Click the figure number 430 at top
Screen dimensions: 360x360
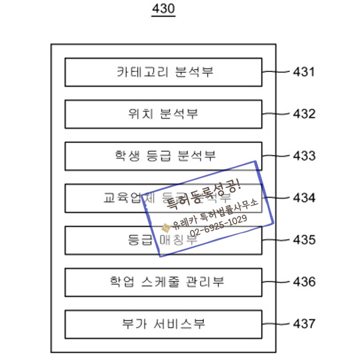pos(163,9)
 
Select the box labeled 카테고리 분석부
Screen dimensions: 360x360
pos(163,72)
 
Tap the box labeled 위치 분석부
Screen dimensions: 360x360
pos(163,114)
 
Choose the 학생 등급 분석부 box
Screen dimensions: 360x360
pos(163,156)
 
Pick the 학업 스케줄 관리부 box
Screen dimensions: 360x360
pos(163,282)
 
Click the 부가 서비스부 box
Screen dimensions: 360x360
pos(163,324)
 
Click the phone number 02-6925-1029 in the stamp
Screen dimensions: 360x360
pos(218,226)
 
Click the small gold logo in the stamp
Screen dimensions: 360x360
pos(165,227)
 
